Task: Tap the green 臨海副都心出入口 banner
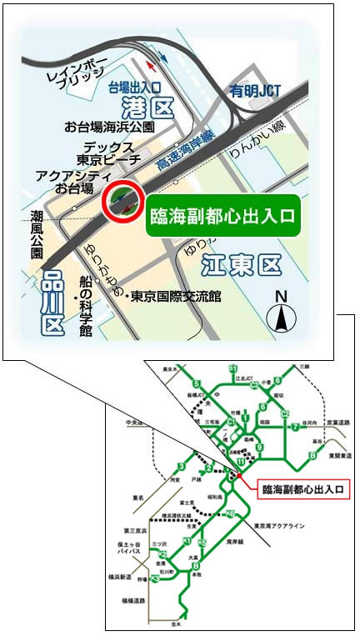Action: click(222, 215)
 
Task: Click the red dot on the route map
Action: click(239, 476)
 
